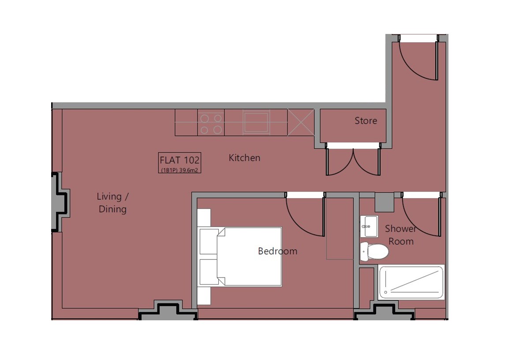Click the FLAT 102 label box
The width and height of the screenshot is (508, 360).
click(179, 163)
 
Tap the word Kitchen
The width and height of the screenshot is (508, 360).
click(244, 158)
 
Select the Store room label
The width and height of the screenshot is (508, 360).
click(366, 121)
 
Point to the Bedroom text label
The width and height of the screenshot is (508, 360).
click(278, 251)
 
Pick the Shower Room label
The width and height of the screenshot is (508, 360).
click(400, 235)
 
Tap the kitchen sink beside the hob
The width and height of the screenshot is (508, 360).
click(256, 122)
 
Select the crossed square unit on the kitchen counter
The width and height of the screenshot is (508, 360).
click(301, 122)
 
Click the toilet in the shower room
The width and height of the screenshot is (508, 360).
click(374, 251)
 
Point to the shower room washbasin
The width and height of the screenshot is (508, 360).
click(369, 226)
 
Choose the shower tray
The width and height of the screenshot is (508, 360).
click(411, 282)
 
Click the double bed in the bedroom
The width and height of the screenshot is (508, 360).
click(240, 257)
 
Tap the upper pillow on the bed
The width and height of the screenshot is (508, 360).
click(209, 241)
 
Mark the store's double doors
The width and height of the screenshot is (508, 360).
click(353, 162)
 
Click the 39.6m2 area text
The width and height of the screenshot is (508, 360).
click(188, 170)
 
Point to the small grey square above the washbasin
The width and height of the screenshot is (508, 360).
click(384, 202)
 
